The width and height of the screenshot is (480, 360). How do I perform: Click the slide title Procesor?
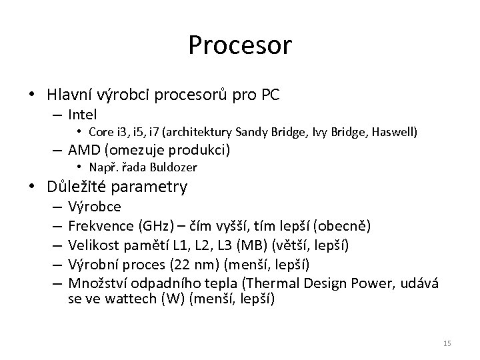coord(240,45)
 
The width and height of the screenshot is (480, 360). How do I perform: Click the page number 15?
coord(447,343)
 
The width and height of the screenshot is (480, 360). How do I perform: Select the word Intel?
coord(83,114)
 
